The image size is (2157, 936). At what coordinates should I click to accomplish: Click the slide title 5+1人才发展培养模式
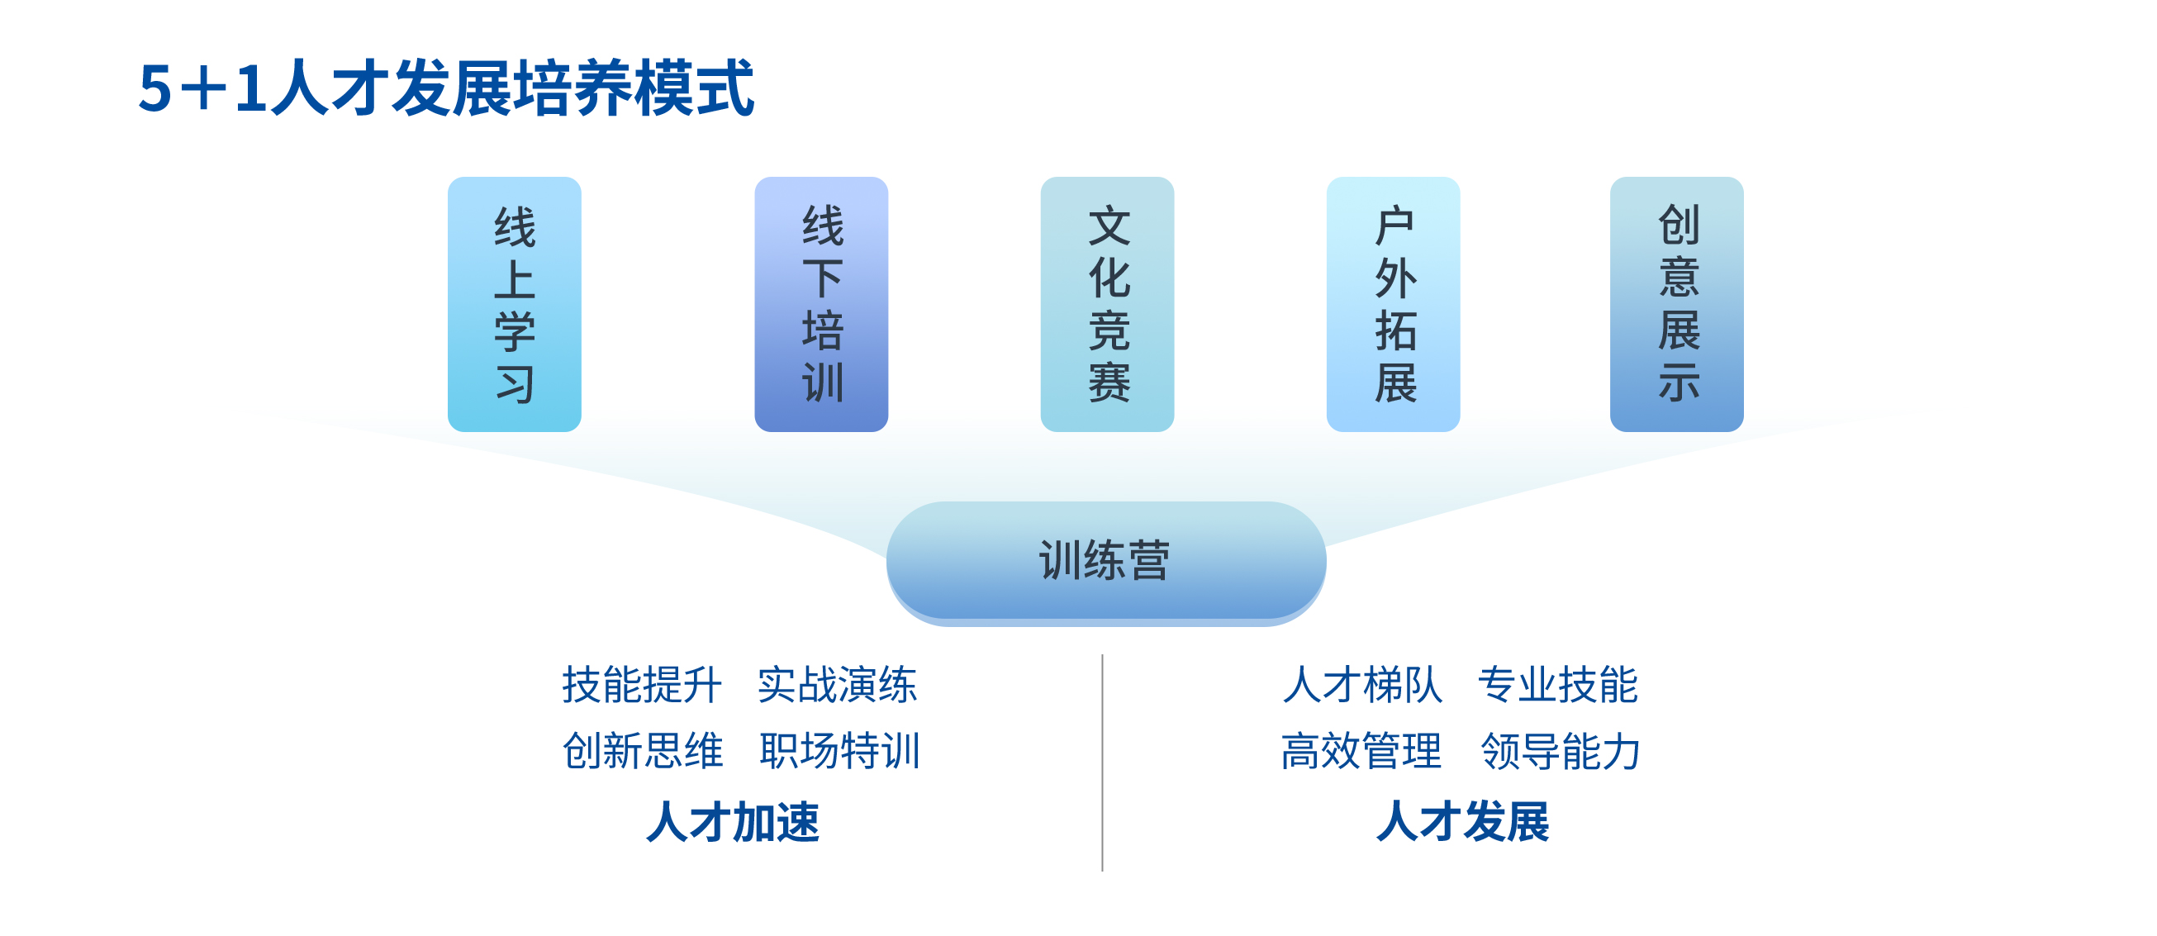tap(446, 88)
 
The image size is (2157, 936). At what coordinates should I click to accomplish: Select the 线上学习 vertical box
tap(514, 304)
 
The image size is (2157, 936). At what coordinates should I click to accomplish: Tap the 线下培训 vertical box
tap(821, 304)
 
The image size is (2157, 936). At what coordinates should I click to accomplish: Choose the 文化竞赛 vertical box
tap(1107, 304)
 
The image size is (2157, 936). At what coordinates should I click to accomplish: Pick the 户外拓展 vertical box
tap(1394, 304)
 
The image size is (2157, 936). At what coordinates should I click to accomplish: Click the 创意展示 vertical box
tap(1677, 304)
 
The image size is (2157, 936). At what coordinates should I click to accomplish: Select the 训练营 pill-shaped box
tap(1106, 562)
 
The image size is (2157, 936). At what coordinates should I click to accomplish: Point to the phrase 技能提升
tap(642, 685)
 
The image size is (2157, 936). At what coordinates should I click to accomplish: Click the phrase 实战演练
tap(838, 685)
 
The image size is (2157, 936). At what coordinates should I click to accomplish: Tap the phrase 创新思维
tap(642, 750)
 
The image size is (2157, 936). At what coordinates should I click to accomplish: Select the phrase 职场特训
tap(840, 750)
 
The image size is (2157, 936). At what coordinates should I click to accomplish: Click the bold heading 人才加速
tap(734, 821)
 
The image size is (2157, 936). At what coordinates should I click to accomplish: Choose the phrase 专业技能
tap(1558, 685)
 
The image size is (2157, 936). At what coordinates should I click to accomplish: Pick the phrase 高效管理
tap(1361, 750)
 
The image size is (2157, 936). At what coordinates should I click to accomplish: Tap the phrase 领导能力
tap(1561, 750)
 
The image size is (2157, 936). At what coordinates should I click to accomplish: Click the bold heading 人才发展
tap(1464, 821)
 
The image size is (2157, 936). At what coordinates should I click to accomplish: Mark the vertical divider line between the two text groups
tap(1102, 763)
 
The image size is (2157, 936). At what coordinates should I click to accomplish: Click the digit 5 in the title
tap(156, 88)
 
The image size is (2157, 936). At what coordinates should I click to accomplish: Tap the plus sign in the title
tap(202, 88)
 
